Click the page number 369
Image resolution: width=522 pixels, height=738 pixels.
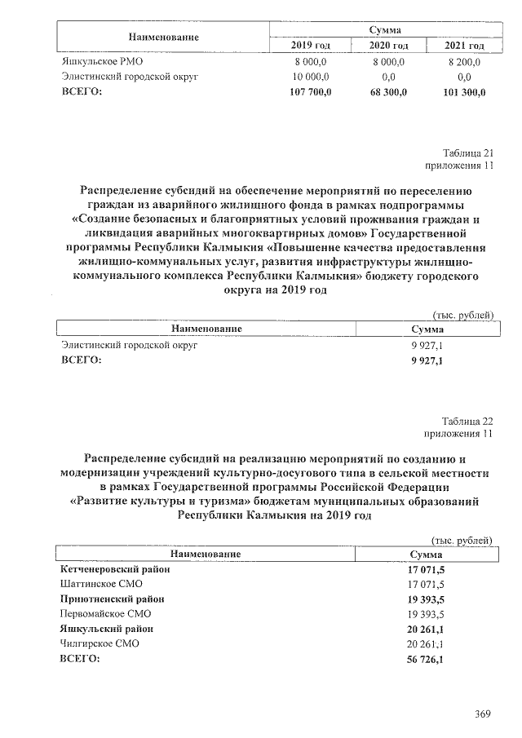pyautogui.click(x=482, y=714)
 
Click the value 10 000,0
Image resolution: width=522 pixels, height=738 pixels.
pyautogui.click(x=312, y=77)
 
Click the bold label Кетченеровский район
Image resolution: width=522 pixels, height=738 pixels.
pyautogui.click(x=116, y=570)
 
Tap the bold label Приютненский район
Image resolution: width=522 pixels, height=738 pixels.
pyautogui.click(x=113, y=599)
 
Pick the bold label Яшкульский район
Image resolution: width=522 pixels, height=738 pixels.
pyautogui.click(x=107, y=629)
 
